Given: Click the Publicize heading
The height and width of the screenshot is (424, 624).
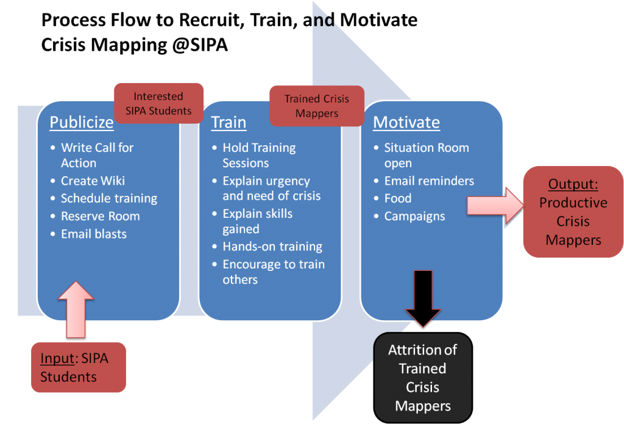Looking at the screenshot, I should (x=82, y=122).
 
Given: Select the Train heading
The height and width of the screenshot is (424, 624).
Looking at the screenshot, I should (x=229, y=122).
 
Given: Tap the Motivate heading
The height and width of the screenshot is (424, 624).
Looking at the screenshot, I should (x=406, y=122).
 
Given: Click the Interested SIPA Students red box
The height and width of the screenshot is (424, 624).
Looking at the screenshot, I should (x=158, y=103).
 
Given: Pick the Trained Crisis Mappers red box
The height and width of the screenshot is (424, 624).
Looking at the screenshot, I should (x=317, y=106).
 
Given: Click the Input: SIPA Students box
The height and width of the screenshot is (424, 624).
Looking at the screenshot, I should (x=78, y=367).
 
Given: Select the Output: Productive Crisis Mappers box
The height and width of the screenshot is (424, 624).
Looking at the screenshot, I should (x=573, y=212).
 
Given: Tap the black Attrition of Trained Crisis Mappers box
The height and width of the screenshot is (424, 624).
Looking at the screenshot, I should (x=423, y=377).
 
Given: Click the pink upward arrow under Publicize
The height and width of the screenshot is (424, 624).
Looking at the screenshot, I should (x=76, y=308).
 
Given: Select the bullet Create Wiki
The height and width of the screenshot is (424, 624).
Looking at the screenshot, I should (x=93, y=181).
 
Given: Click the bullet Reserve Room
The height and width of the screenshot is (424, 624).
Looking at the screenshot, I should (x=101, y=216).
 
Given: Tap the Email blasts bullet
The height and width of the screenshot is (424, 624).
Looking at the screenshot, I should (x=94, y=234).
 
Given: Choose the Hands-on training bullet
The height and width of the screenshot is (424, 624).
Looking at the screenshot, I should (x=272, y=246).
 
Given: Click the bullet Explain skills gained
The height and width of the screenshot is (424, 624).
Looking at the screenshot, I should (x=257, y=221).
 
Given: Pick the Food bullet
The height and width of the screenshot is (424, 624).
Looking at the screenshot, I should (x=398, y=198).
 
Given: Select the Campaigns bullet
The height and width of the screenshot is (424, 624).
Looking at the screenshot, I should (x=414, y=216).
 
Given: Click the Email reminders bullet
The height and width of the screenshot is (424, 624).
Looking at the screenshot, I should (x=429, y=181).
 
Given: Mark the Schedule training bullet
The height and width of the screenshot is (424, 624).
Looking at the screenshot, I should (x=109, y=198).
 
